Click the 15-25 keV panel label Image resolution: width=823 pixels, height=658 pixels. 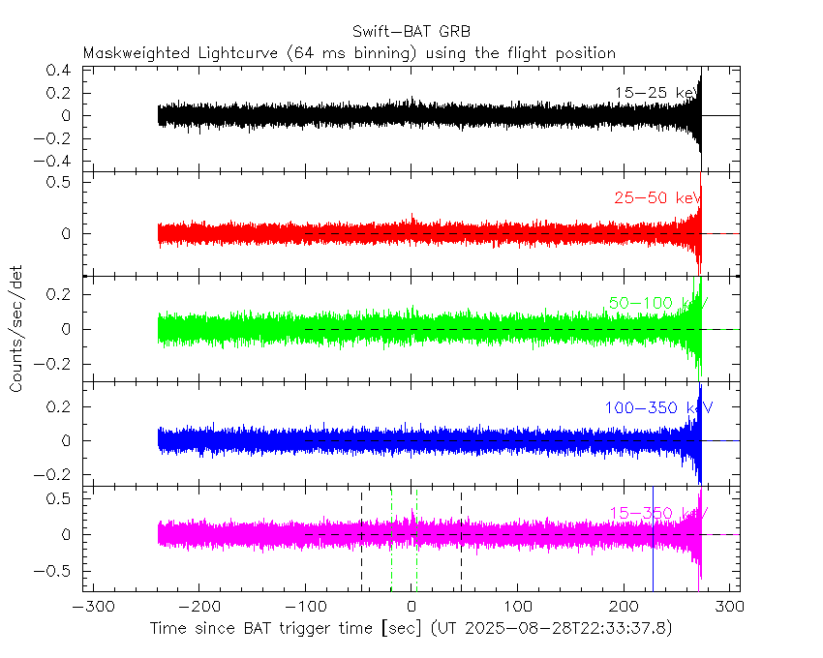[655, 93]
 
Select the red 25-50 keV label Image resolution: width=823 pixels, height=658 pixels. [655, 198]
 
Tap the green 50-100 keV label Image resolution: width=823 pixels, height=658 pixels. [657, 303]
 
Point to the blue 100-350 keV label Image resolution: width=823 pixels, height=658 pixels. [657, 407]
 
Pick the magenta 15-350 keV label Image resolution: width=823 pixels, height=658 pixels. [657, 513]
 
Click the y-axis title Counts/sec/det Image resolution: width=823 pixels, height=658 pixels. [16, 332]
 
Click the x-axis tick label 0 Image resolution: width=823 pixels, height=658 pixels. [411, 608]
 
